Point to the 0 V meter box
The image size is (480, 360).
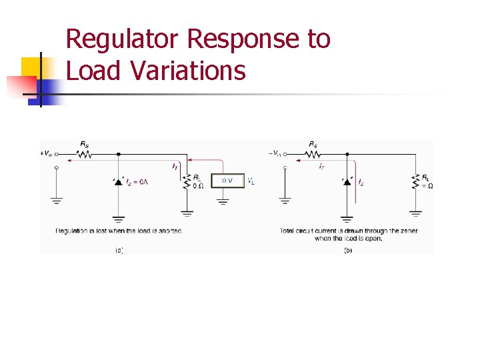tap(227, 181)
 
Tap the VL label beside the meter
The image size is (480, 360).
tap(251, 181)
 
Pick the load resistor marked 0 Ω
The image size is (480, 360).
tap(187, 181)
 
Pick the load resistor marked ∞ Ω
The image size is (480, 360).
tap(415, 181)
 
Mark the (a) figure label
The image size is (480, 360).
tap(119, 250)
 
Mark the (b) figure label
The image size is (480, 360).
tap(347, 250)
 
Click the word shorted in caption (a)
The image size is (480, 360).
tap(171, 231)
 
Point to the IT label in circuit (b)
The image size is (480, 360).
tap(321, 166)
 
